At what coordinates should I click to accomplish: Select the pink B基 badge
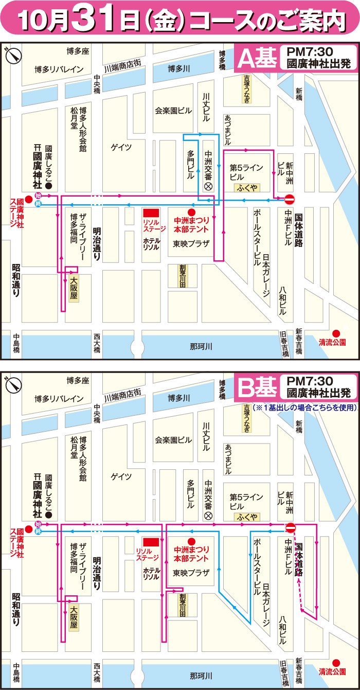point(256,388)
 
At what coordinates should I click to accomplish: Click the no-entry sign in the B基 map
point(290,527)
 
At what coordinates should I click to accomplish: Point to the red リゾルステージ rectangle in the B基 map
point(151,541)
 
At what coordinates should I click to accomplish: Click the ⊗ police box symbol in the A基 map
point(208,187)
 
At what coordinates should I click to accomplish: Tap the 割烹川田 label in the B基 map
point(182,605)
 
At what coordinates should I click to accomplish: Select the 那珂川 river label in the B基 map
point(201,675)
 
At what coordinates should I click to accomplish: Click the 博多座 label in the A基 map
point(78,51)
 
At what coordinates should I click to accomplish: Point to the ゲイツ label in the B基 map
point(121,476)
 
